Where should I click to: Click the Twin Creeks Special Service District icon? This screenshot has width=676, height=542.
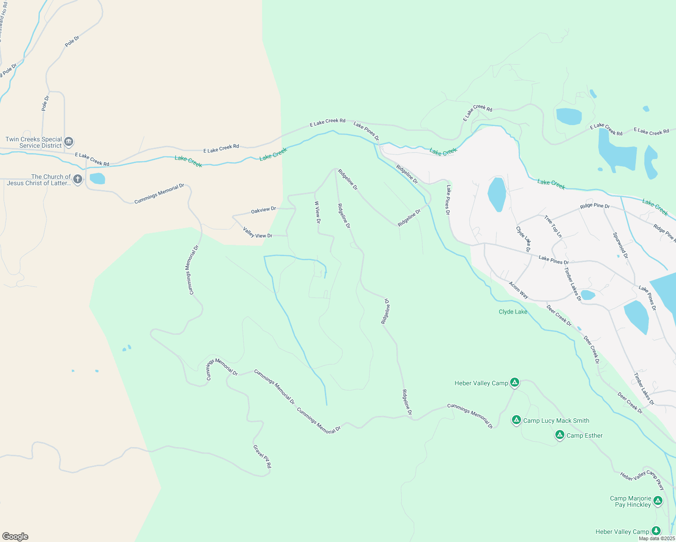[69, 142]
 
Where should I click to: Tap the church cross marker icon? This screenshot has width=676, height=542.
[78, 180]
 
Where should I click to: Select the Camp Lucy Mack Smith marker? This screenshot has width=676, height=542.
[516, 420]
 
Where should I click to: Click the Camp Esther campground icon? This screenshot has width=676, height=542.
[559, 435]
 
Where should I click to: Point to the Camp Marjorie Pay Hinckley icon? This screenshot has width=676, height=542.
[658, 501]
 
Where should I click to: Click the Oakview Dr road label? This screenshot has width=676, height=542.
[263, 210]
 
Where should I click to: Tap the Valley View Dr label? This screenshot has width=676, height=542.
[258, 233]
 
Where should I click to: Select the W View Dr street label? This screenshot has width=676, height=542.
[318, 212]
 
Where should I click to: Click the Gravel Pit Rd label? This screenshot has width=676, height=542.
[262, 456]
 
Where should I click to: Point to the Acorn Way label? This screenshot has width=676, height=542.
[518, 290]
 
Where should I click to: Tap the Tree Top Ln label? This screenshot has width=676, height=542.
[553, 226]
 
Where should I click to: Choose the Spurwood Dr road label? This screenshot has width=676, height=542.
[620, 245]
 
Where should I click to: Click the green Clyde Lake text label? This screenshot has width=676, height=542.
[513, 312]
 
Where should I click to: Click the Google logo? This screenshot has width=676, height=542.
[15, 537]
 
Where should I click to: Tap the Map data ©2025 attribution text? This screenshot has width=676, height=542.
[657, 538]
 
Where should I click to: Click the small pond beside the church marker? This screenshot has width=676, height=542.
[97, 178]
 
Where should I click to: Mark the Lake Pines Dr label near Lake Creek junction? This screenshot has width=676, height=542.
[366, 131]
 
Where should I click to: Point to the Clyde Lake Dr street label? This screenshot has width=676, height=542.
[523, 239]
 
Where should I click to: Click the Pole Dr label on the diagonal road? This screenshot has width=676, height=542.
[72, 41]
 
